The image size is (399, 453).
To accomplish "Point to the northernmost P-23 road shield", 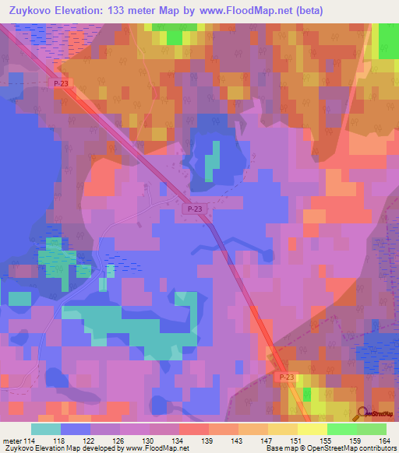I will [x=61, y=83].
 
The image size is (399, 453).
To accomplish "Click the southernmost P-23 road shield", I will [x=285, y=376].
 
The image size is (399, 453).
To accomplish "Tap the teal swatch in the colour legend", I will [x=46, y=429].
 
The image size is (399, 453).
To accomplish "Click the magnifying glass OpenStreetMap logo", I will [x=364, y=415].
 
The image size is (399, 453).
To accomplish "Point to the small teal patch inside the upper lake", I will [x=212, y=160].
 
